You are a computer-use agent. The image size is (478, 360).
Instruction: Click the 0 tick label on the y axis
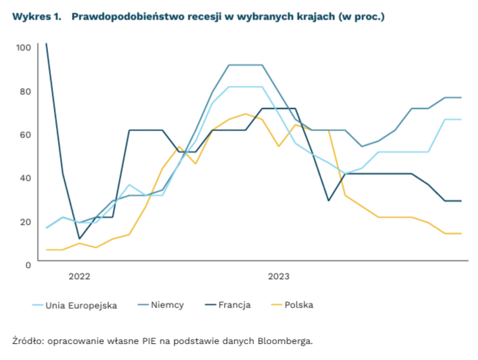pyautogui.click(x=28, y=265)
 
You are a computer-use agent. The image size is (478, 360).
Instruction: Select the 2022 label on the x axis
pyautogui.click(x=80, y=276)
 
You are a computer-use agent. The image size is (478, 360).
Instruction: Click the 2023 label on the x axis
pyautogui.click(x=279, y=276)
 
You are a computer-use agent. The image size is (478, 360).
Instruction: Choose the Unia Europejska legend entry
pyautogui.click(x=81, y=305)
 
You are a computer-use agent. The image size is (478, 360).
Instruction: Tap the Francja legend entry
pyautogui.click(x=234, y=305)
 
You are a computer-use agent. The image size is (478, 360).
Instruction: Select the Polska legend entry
pyautogui.click(x=299, y=305)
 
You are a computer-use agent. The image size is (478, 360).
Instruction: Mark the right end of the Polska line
pyautogui.click(x=461, y=234)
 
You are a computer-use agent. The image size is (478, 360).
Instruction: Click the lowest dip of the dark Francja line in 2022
pyautogui.click(x=80, y=239)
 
